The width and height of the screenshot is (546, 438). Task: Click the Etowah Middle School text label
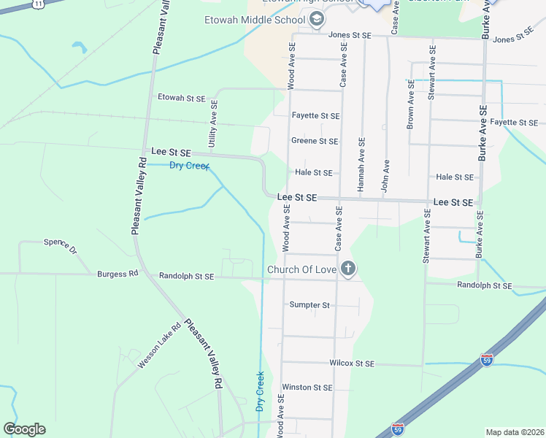point(255,20)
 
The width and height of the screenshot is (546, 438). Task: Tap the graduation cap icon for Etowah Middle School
point(316,20)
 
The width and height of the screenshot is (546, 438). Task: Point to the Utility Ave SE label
point(213,126)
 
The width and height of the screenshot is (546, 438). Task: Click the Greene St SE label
point(315,141)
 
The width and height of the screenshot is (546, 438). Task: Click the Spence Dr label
point(60,245)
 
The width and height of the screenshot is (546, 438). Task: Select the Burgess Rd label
point(118,274)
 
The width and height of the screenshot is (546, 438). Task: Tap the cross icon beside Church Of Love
point(348,269)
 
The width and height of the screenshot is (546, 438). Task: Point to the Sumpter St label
point(309,304)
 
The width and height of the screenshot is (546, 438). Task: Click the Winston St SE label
point(307,388)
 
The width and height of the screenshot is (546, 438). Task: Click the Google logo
point(24,429)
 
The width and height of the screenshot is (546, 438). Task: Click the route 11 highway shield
point(37,4)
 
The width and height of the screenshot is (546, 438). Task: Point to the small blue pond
point(79,48)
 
